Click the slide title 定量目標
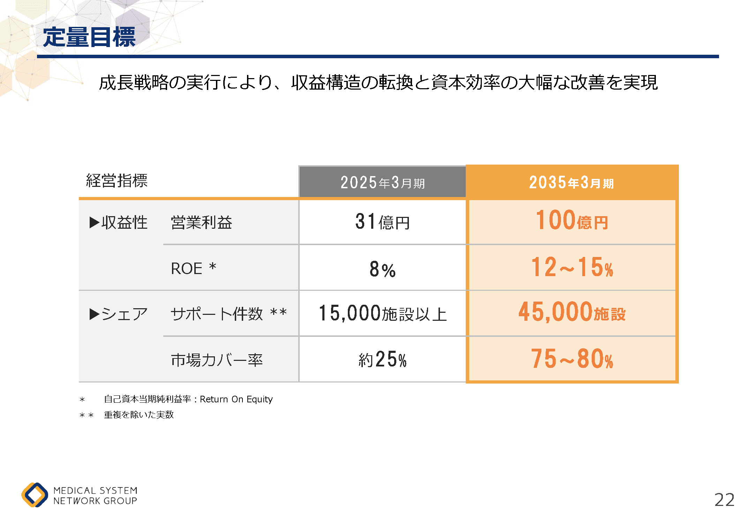pyautogui.click(x=89, y=37)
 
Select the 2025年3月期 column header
pyautogui.click(x=382, y=182)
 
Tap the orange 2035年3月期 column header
pyautogui.click(x=571, y=182)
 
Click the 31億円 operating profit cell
pyautogui.click(x=382, y=222)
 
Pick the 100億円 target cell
pyautogui.click(x=572, y=221)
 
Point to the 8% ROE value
pyautogui.click(x=382, y=269)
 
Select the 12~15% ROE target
pyautogui.click(x=572, y=267)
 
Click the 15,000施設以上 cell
pyautogui.click(x=382, y=313)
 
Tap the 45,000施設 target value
pyautogui.click(x=572, y=312)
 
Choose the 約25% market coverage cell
pyautogui.click(x=382, y=359)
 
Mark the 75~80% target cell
pyautogui.click(x=572, y=359)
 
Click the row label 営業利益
pyautogui.click(x=201, y=222)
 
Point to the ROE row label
pyautogui.click(x=193, y=268)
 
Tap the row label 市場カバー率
pyautogui.click(x=217, y=360)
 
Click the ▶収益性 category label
pyautogui.click(x=119, y=222)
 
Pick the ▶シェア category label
pyautogui.click(x=119, y=314)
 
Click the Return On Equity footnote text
pyautogui.click(x=188, y=399)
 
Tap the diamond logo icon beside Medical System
pyautogui.click(x=35, y=495)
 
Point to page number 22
pyautogui.click(x=724, y=500)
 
